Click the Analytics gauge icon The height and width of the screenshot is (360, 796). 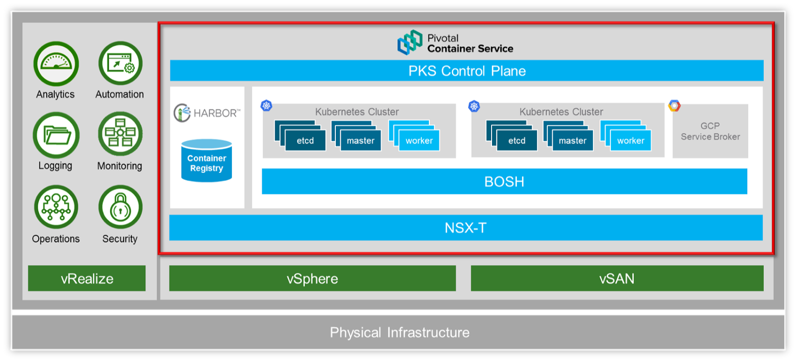coord(56,64)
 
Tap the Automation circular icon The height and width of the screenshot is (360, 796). coord(120,64)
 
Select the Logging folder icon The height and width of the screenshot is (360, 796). coord(56,135)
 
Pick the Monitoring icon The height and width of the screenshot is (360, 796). coord(120,134)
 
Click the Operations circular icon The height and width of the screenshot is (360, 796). coord(56,207)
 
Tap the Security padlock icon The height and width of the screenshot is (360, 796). coord(120,207)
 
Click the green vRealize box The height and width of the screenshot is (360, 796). coord(87,278)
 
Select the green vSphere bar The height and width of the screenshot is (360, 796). coord(312,278)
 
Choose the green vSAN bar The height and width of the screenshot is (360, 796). coord(616,278)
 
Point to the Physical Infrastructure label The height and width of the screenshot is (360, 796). coord(399,332)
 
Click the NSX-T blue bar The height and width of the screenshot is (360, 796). coord(465,228)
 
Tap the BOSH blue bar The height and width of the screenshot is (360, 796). coord(504,181)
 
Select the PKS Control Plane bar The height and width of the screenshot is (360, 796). coord(466,71)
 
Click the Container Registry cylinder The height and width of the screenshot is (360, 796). coord(206,161)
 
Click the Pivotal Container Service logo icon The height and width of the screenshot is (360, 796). coord(409,42)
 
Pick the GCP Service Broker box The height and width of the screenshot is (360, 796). coord(710,131)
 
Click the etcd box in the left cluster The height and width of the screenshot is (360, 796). coord(304,140)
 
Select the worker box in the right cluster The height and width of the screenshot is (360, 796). coord(630,140)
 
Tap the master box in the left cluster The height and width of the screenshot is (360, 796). coord(360,140)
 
